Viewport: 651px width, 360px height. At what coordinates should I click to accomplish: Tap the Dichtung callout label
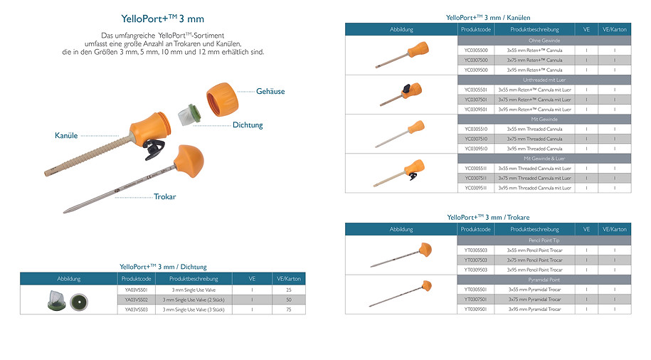(248, 125)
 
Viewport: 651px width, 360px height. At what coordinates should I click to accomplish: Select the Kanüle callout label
(67, 135)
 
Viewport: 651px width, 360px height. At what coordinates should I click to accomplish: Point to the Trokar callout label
(165, 196)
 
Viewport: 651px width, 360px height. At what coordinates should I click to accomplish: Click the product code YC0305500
(476, 51)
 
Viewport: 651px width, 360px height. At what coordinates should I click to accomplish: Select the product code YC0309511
(476, 189)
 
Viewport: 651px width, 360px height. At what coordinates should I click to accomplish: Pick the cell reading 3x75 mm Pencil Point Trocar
(534, 260)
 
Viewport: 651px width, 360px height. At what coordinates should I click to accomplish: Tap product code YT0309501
(476, 309)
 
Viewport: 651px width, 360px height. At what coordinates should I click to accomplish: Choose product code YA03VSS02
(134, 300)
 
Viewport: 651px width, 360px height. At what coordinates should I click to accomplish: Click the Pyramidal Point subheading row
(544, 280)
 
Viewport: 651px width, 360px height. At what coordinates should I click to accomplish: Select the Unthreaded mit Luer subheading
(544, 80)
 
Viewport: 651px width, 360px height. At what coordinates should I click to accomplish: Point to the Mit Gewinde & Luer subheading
(544, 159)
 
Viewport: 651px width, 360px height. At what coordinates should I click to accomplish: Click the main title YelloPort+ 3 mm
(163, 18)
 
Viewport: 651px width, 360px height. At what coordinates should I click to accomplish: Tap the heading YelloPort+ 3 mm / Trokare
(488, 217)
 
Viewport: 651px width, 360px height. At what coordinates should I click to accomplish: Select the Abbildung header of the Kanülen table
(401, 29)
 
